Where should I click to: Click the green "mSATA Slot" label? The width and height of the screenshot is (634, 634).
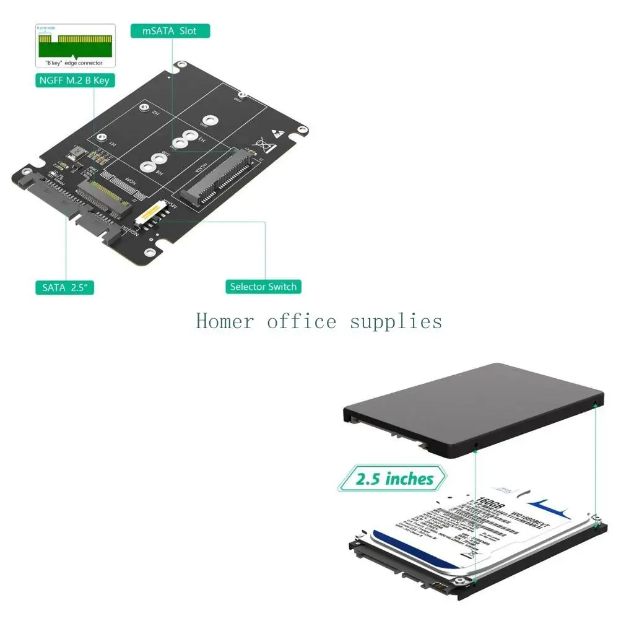pyautogui.click(x=170, y=31)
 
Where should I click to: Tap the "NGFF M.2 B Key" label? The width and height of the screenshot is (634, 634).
pyautogui.click(x=74, y=80)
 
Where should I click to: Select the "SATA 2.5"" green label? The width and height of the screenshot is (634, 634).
pyautogui.click(x=64, y=287)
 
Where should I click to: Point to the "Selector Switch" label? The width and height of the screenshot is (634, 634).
pyautogui.click(x=263, y=287)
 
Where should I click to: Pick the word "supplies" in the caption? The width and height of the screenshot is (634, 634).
pyautogui.click(x=396, y=321)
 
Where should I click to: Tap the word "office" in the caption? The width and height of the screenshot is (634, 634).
pyautogui.click(x=302, y=321)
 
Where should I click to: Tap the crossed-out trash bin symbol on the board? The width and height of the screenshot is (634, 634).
pyautogui.click(x=268, y=146)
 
